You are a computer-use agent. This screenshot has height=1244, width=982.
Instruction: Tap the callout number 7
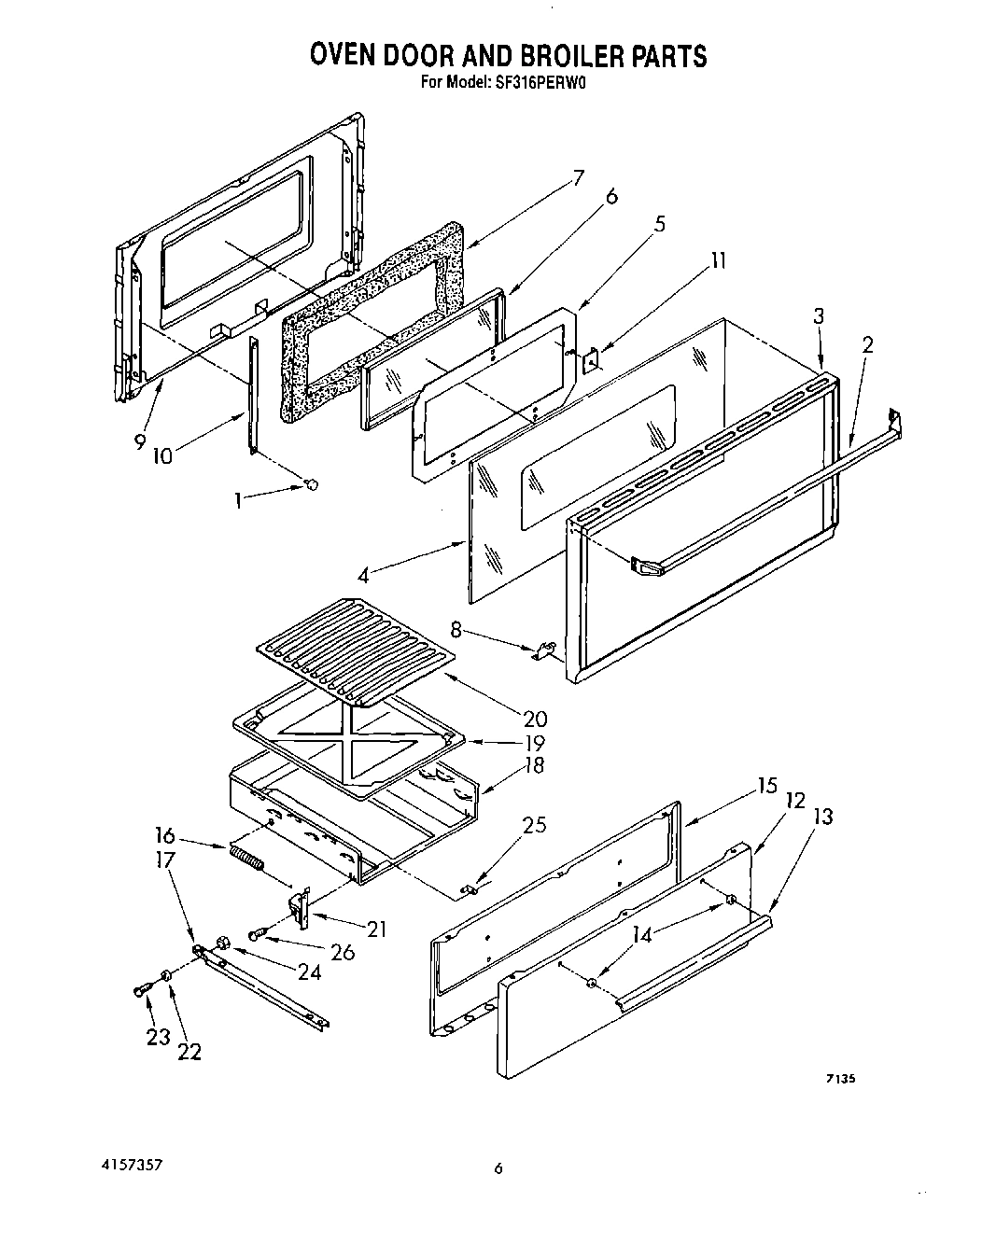[579, 177]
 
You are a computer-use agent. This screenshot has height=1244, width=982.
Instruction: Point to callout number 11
[717, 260]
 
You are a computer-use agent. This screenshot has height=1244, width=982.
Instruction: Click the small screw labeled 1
[313, 483]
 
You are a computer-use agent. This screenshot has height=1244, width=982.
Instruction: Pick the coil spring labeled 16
[246, 858]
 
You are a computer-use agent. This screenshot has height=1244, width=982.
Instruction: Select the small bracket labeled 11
[591, 359]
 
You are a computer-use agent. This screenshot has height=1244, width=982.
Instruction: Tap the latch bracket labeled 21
[299, 909]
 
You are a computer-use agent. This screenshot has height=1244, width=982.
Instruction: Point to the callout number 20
[536, 720]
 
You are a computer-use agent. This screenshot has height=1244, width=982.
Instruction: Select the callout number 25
[534, 825]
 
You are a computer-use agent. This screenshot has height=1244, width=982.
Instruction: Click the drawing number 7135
[840, 1079]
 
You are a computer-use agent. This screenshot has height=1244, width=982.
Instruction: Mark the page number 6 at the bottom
[498, 1168]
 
